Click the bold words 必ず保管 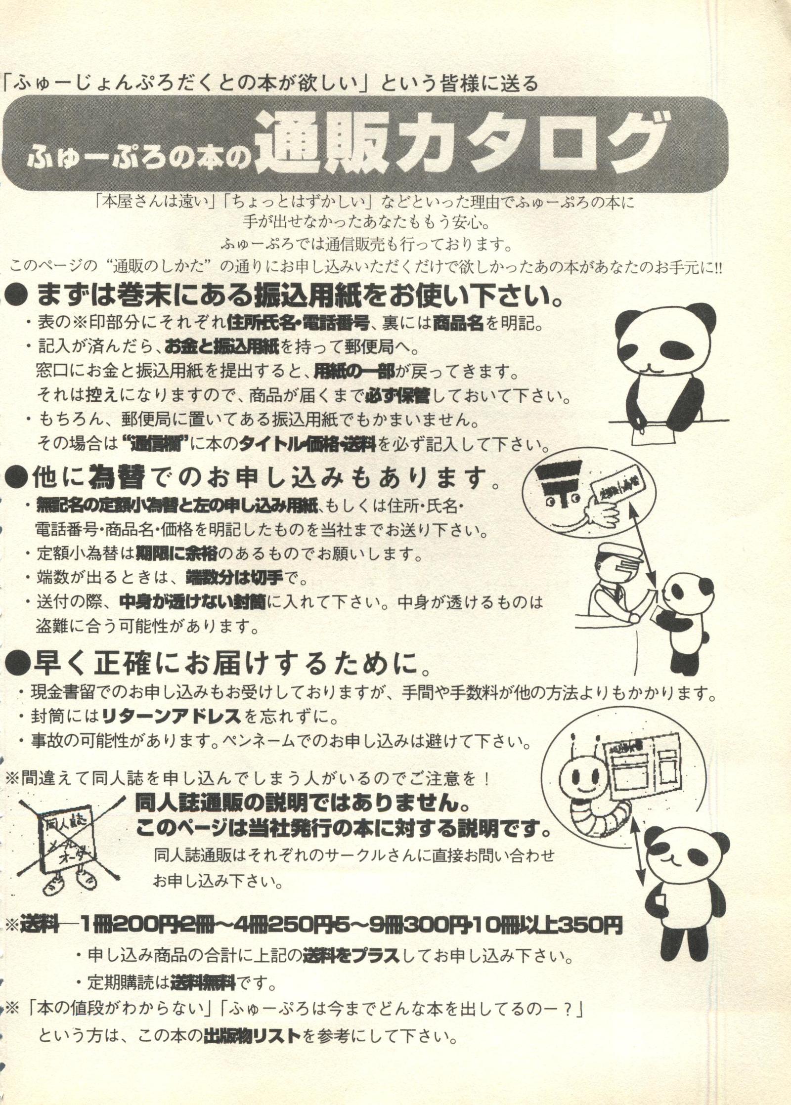coord(397,395)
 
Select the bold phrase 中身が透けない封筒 coord(193,601)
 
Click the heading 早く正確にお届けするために coord(218,666)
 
